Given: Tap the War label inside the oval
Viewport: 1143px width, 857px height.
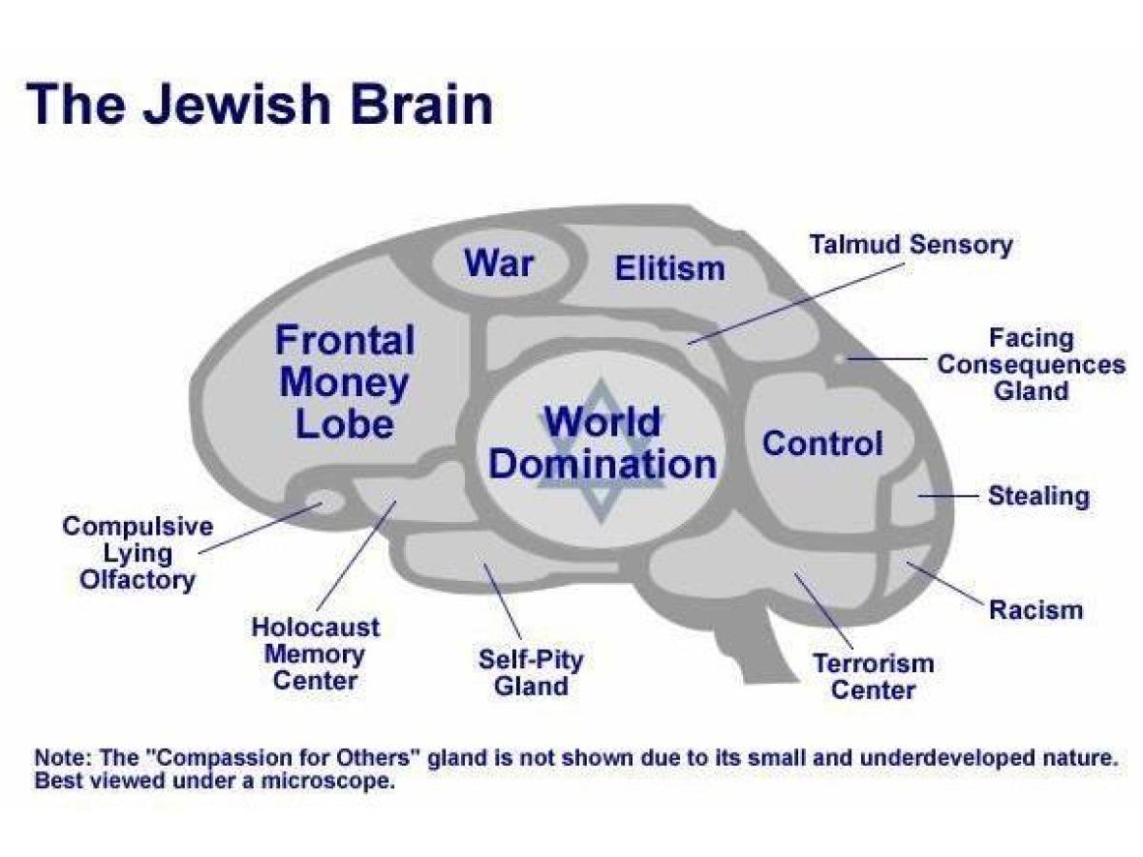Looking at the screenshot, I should pos(499,261).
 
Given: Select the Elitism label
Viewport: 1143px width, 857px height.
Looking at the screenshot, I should pos(669,268).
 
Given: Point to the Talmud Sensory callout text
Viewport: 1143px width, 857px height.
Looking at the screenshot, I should pos(910,244).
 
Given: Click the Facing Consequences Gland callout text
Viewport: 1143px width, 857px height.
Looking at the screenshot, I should pos(1031,365).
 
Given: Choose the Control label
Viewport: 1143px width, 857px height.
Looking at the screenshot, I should pos(822,444).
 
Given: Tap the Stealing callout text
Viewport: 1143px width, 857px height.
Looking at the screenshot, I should pos(1038,496).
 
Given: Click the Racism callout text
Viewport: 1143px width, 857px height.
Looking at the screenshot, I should pos(1035,610).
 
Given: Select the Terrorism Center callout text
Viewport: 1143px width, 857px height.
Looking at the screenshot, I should pos(873,676).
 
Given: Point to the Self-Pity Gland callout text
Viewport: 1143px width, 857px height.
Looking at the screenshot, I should pos(531,673).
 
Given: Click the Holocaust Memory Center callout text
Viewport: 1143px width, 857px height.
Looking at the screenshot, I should pos(316,653).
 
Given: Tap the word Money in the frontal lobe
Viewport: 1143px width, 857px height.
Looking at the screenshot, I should pos(344,383).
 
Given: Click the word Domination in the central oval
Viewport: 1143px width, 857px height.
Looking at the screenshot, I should pos(602,465).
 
